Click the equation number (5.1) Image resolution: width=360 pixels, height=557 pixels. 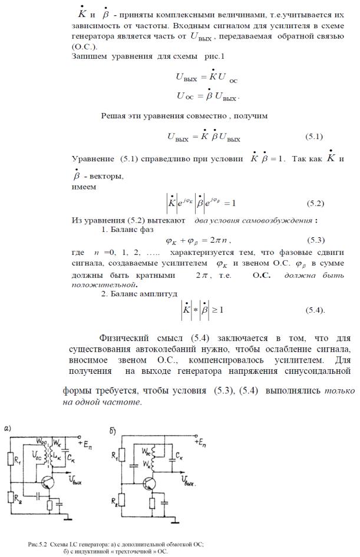(314, 137)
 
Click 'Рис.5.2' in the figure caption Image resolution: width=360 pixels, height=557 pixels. (39, 545)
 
